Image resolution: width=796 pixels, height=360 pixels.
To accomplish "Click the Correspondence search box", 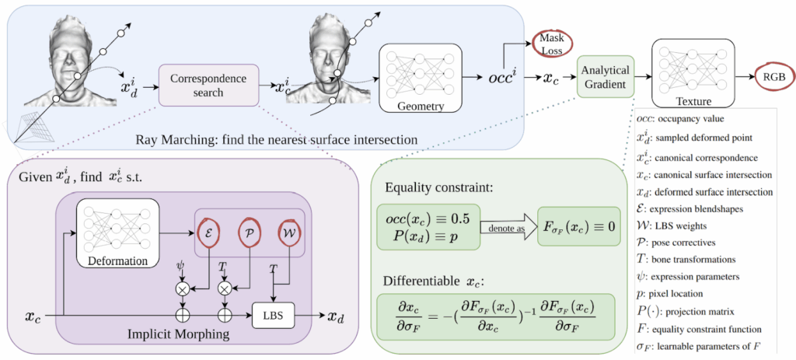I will click(208, 85).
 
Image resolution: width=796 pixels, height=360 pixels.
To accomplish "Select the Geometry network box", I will click(418, 76).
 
